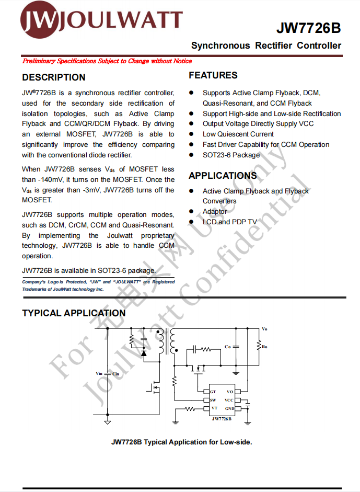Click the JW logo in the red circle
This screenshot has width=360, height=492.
37,20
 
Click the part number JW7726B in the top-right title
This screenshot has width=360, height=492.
308,28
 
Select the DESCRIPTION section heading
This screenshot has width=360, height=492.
54,77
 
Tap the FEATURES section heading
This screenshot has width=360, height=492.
213,75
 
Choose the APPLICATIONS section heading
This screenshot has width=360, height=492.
223,176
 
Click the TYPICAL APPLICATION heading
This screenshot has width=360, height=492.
74,313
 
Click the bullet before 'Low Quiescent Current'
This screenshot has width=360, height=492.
192,134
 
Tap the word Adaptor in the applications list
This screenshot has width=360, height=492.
215,211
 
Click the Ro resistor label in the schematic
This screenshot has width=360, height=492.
265,347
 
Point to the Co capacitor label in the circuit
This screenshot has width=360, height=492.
227,347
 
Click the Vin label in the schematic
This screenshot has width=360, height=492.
99,373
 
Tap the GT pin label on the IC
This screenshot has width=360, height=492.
213,392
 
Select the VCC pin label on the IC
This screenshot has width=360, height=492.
229,400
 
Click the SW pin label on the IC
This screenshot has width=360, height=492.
213,400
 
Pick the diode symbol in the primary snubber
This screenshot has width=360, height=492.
144,353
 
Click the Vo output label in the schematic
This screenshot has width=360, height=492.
264,329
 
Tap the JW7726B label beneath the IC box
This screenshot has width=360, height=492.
222,419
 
